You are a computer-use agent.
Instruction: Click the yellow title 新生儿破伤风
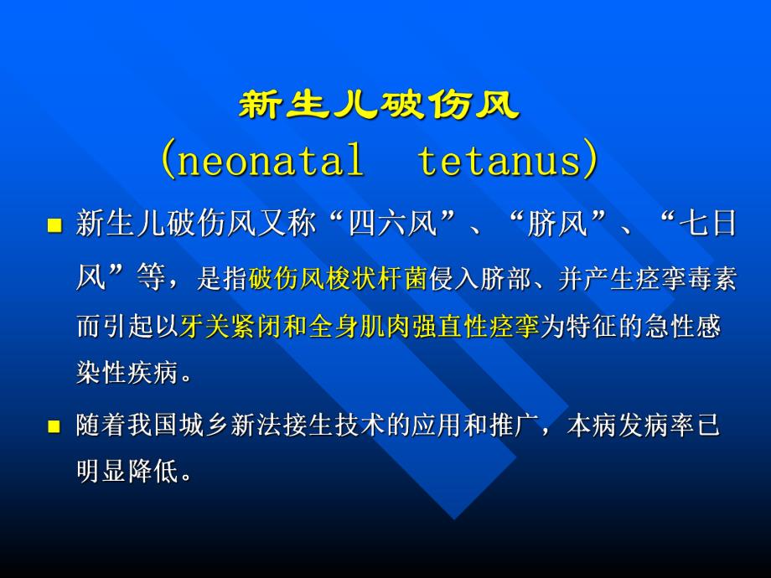pyautogui.click(x=380, y=106)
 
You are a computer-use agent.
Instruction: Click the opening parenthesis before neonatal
pyautogui.click(x=168, y=160)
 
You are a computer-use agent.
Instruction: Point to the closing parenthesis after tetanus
pyautogui.click(x=592, y=160)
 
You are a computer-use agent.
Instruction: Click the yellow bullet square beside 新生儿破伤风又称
pyautogui.click(x=54, y=226)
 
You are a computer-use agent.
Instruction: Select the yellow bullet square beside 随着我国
pyautogui.click(x=54, y=426)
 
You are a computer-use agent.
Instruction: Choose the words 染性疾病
pyautogui.click(x=127, y=374)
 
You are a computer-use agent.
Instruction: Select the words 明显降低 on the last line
pyautogui.click(x=127, y=472)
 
